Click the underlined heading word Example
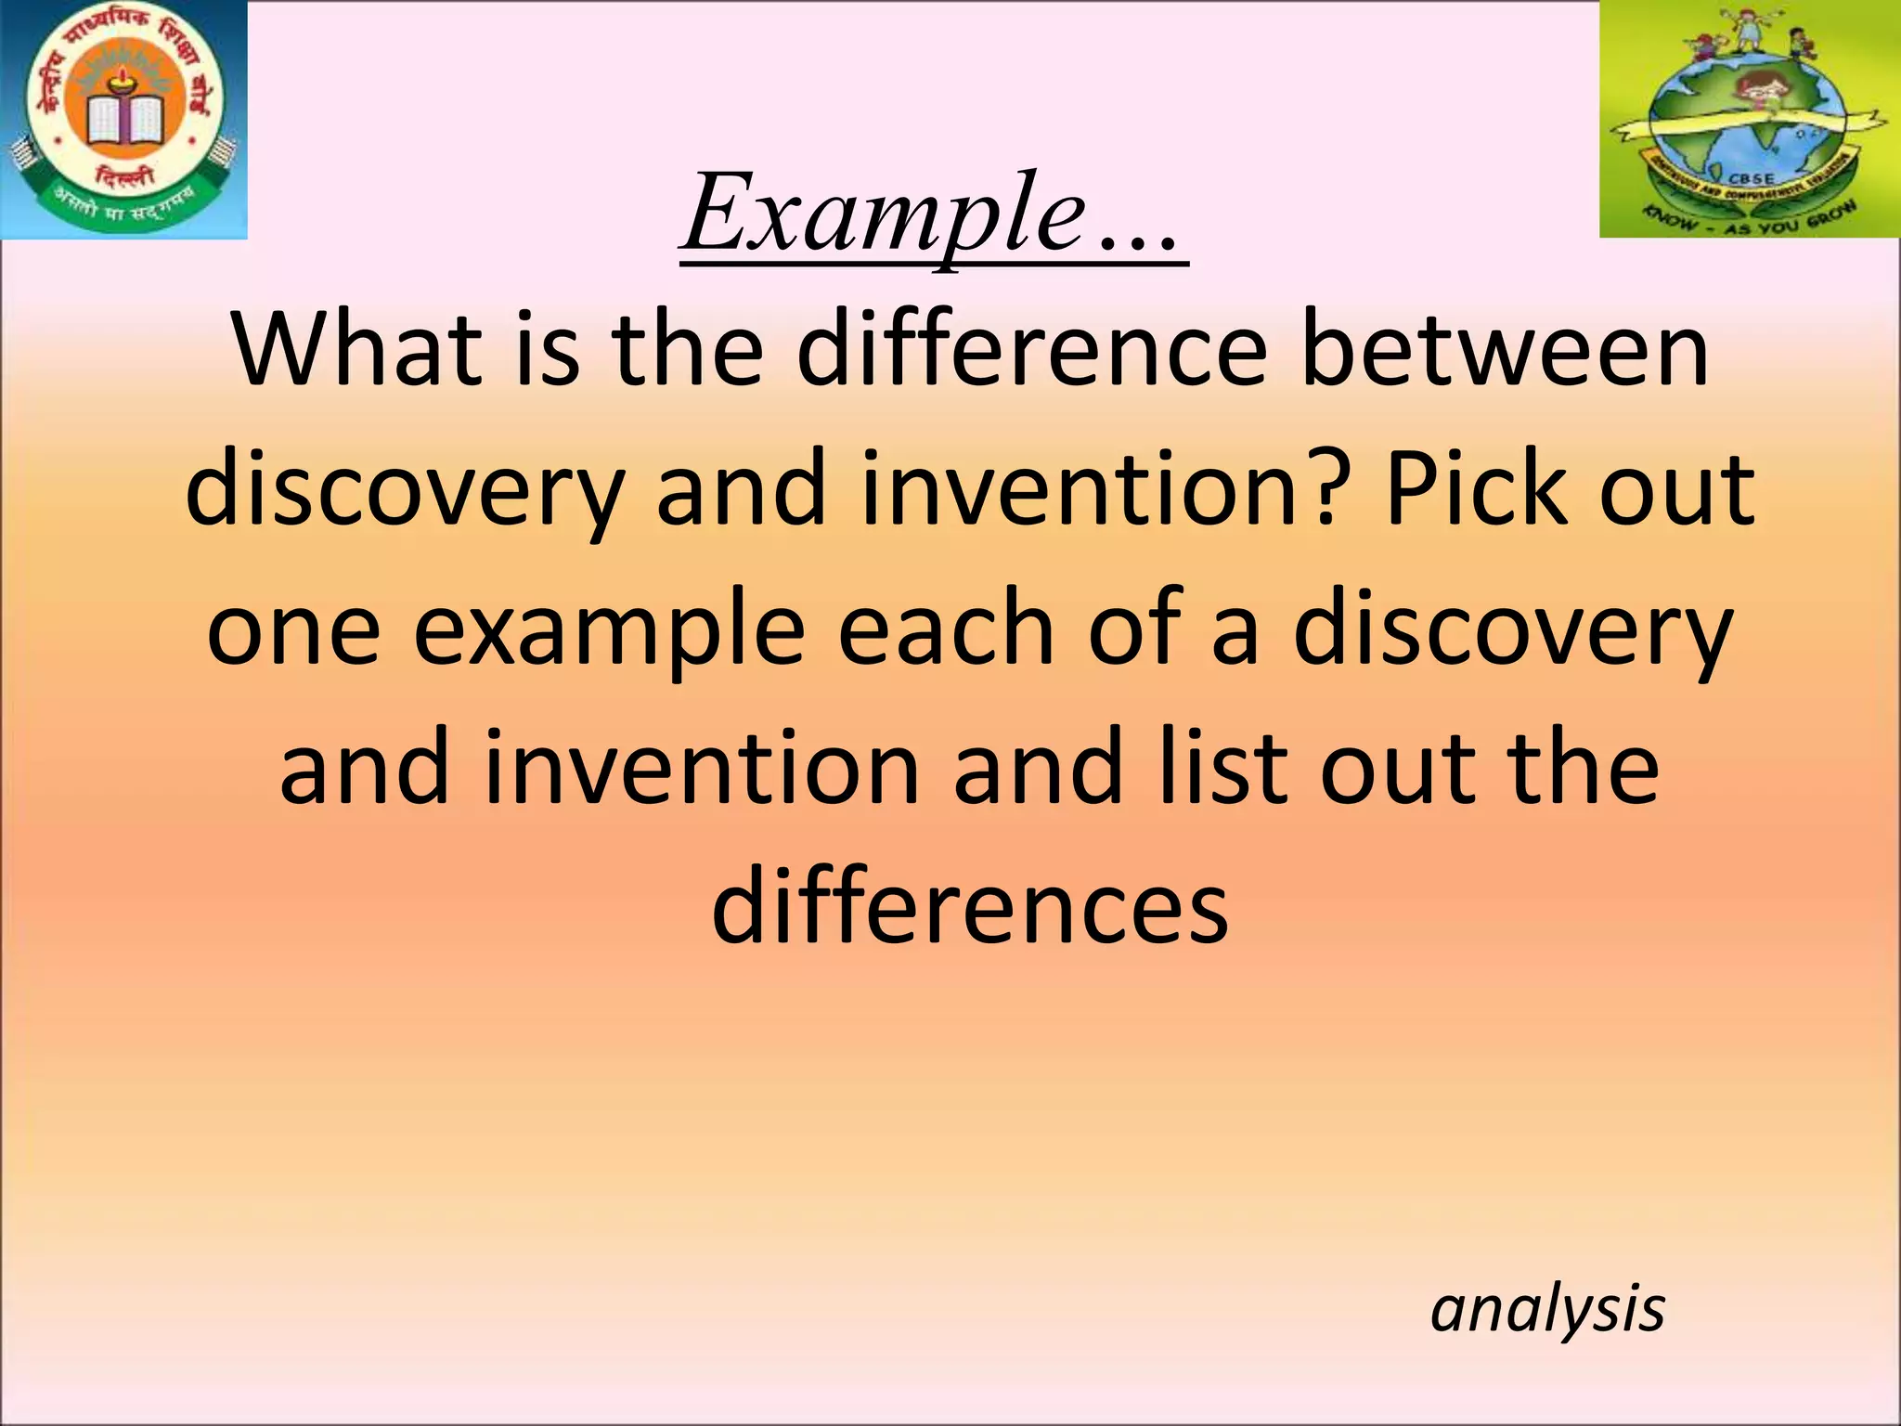click(882, 215)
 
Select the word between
click(1503, 353)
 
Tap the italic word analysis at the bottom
click(1547, 1309)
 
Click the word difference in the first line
click(1030, 353)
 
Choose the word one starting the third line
click(293, 630)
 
